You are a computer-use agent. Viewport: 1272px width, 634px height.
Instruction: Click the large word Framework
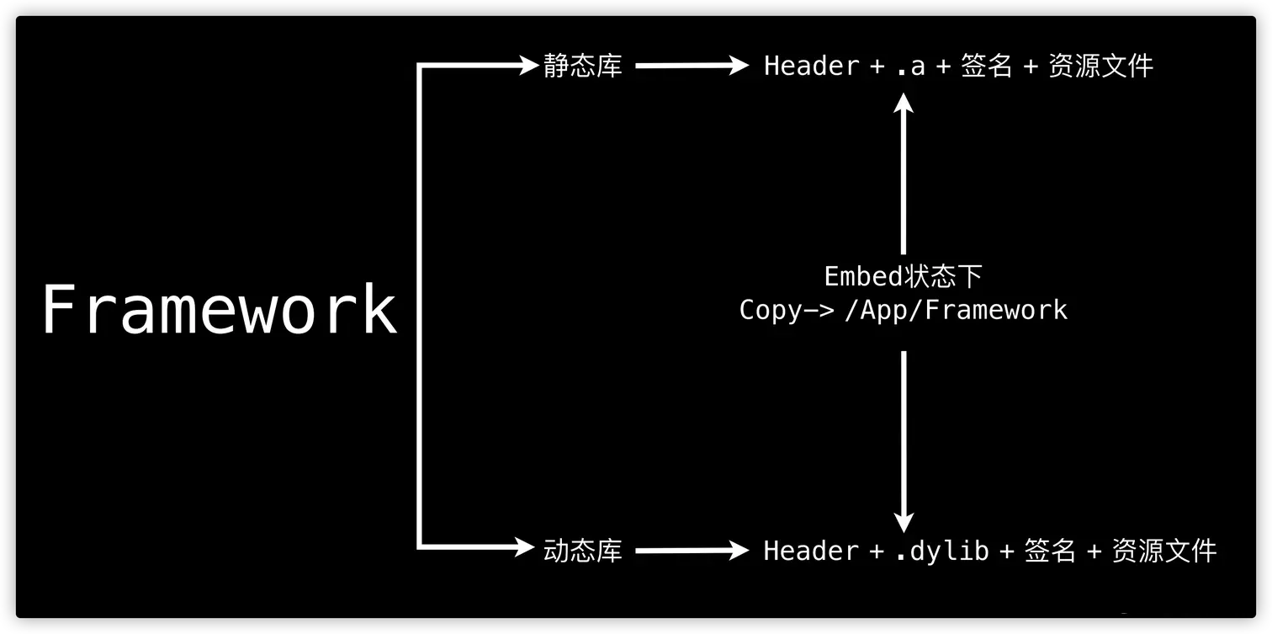point(220,310)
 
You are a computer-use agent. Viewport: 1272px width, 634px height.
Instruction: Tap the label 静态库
point(582,66)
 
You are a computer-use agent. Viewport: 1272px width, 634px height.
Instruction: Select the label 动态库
point(582,551)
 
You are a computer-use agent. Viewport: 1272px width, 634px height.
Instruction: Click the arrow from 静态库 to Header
point(691,66)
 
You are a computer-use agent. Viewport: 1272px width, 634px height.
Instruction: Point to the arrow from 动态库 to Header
point(691,551)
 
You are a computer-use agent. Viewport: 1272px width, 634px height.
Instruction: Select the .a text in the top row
point(910,67)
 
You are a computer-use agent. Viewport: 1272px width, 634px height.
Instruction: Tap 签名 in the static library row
point(986,66)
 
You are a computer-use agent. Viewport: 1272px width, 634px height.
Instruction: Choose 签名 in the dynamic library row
point(1050,551)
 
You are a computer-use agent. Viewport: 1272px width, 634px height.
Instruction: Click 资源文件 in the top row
point(1100,66)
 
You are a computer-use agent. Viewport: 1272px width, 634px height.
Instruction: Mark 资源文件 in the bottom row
point(1164,551)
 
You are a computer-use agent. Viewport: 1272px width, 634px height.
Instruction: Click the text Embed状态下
point(903,276)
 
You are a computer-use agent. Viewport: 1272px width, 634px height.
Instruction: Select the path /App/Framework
point(956,310)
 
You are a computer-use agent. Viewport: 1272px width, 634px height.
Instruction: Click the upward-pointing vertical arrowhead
point(904,103)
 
